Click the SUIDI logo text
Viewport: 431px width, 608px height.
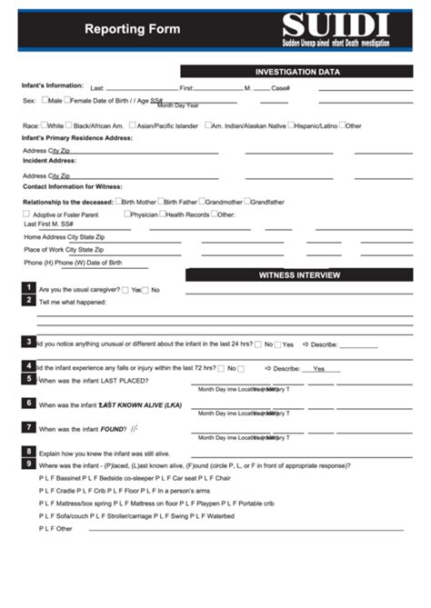335,25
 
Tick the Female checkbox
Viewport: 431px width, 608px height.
66,100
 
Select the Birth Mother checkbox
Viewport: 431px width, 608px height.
118,201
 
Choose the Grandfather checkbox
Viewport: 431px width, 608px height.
247,201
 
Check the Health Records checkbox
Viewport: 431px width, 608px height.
162,214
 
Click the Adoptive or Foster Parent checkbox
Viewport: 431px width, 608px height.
26,214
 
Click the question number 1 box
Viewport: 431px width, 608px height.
30,288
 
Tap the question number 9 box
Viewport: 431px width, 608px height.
30,463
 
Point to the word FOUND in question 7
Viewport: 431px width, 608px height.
113,428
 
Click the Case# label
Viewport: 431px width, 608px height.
280,88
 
